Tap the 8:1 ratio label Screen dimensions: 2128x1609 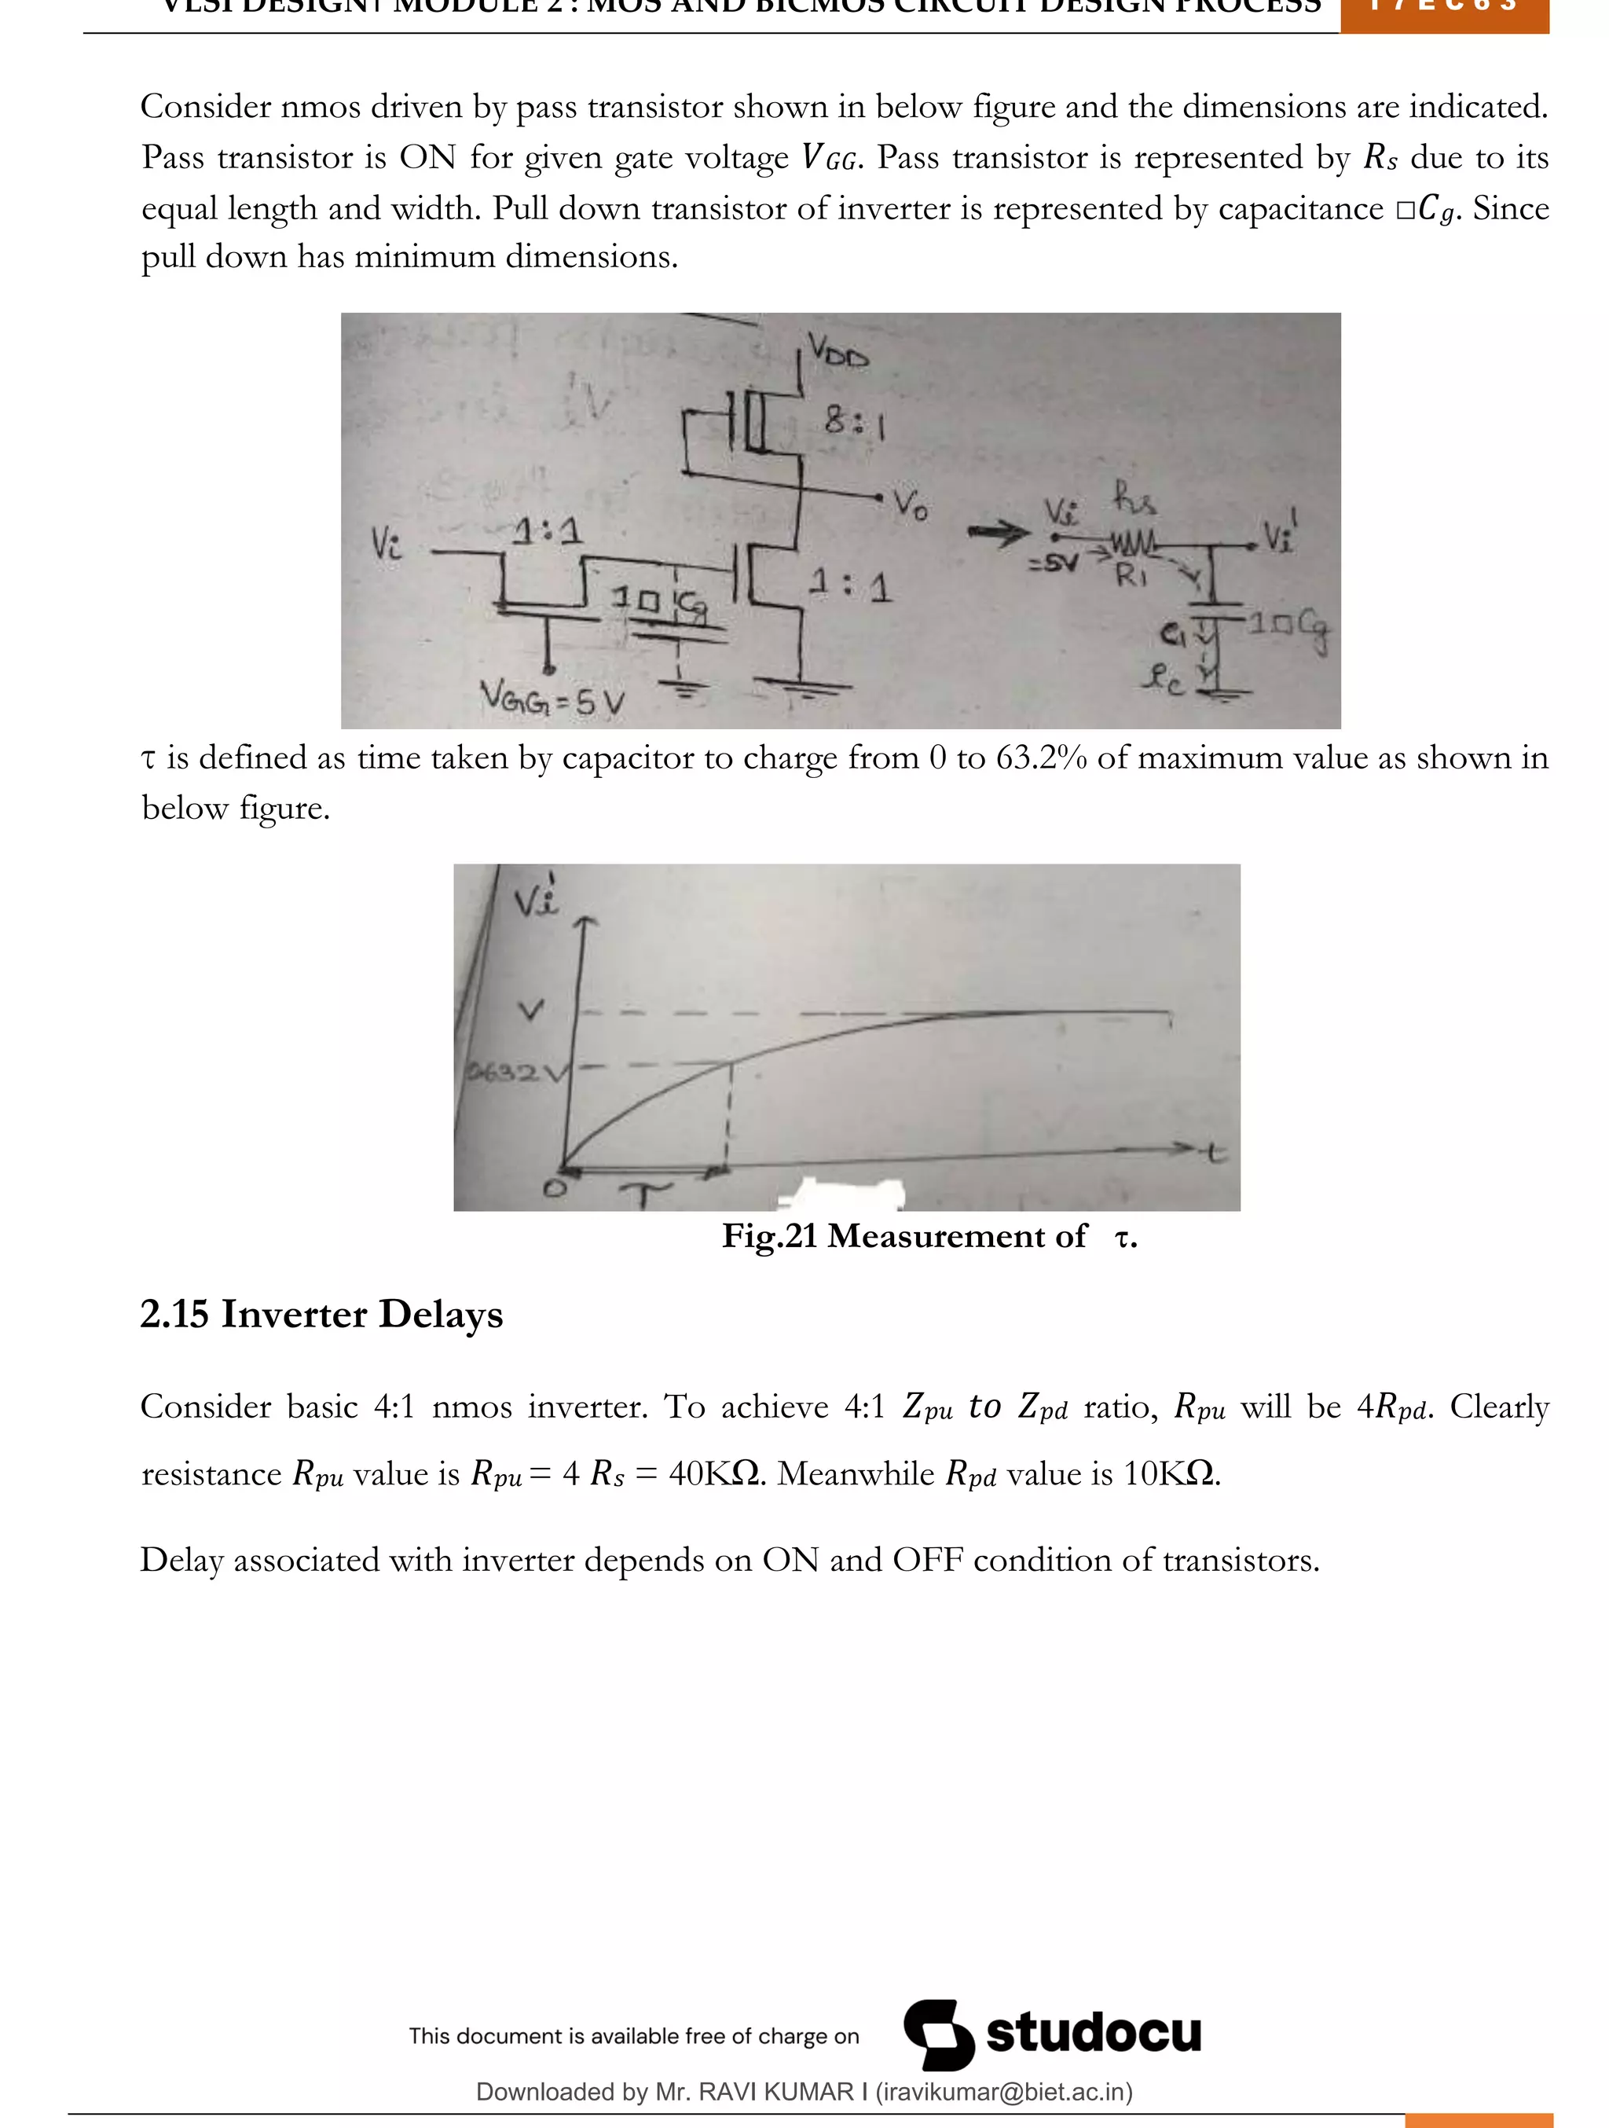click(853, 422)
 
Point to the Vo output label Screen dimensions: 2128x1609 click(910, 502)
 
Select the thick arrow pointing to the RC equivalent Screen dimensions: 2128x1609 click(997, 532)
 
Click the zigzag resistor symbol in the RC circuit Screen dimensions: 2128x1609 click(1132, 546)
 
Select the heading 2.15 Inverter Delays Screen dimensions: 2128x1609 click(321, 1314)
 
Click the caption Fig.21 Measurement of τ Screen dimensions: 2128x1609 click(929, 1236)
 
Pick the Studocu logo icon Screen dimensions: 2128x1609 click(938, 2034)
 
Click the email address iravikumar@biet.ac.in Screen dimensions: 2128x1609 click(1003, 2091)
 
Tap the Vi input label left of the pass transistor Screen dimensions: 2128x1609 click(387, 545)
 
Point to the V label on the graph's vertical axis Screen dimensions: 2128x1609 click(530, 1010)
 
